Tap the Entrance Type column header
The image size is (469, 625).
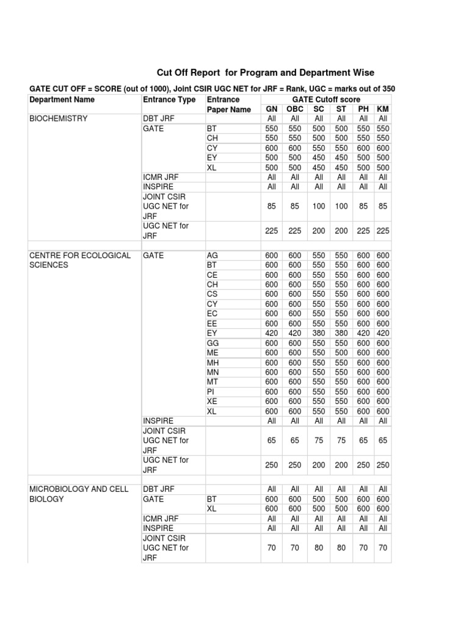pos(169,99)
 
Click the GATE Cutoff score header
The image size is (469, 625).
pos(326,99)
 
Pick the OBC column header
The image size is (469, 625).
pos(295,109)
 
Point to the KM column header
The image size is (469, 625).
pos(383,109)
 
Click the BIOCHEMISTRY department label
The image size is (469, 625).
pos(59,118)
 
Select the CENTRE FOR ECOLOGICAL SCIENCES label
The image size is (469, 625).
pos(79,261)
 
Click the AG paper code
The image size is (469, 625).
pos(213,256)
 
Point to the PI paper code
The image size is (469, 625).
pos(211,392)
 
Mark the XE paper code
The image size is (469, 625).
pos(213,402)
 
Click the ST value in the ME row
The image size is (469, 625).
pos(341,353)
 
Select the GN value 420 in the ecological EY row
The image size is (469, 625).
pos(272,333)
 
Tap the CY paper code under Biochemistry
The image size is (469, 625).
pos(213,148)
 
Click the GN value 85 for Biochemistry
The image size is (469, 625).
pos(272,206)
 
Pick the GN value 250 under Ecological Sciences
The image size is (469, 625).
pos(272,465)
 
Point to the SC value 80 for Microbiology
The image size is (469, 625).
pos(319,548)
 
